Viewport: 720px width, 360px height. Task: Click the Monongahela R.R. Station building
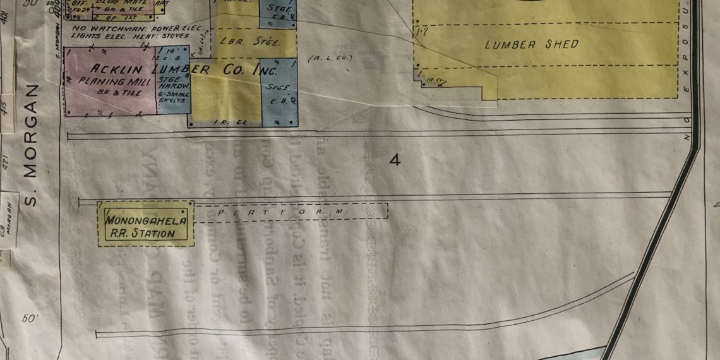point(145,224)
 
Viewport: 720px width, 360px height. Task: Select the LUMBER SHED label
point(532,45)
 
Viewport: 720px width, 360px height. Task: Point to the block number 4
point(395,160)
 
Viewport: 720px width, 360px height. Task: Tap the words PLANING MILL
point(114,81)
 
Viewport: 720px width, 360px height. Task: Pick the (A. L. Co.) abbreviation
point(329,59)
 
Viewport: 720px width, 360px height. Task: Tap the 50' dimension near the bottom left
point(30,319)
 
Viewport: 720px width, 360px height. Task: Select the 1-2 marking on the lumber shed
point(422,31)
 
